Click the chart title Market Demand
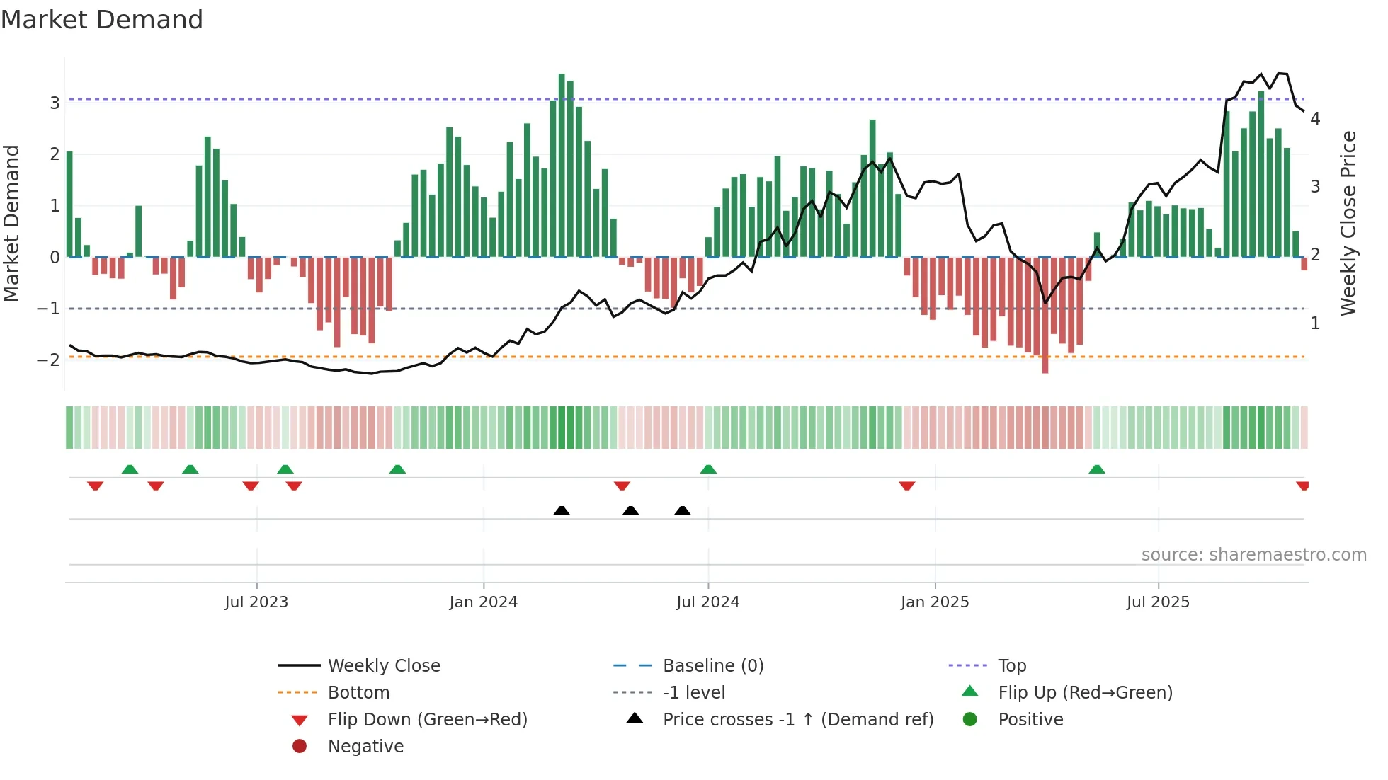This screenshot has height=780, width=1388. pos(102,20)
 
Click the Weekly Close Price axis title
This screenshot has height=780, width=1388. pos(1348,223)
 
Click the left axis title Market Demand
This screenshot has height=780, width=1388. pos(12,223)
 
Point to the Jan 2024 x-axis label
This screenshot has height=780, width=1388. pos(483,602)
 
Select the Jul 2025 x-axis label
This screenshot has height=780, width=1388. pos(1158,602)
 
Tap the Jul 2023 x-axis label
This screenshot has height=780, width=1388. pos(256,602)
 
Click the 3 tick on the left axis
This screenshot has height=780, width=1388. pos(55,103)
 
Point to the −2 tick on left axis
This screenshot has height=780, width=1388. pos(49,360)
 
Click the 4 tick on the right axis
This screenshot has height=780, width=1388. pos(1315,119)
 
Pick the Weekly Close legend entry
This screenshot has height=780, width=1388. pos(383,666)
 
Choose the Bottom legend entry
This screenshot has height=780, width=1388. pos(358,693)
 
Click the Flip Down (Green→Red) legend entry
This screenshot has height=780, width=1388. pos(427,720)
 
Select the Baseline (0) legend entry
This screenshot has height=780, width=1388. pos(712,666)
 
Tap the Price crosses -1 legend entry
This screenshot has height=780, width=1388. pos(797,720)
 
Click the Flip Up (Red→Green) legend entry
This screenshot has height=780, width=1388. pos(1085,693)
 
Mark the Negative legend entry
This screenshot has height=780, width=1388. pos(365,747)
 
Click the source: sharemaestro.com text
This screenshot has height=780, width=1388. pos(1253,555)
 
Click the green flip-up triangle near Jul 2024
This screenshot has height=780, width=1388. pos(708,469)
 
